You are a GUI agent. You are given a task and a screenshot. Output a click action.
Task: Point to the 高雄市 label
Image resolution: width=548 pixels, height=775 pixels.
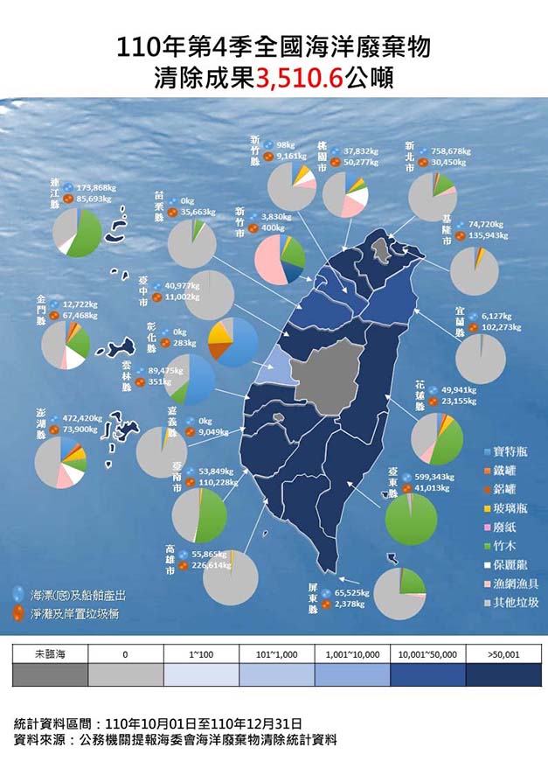pyautogui.click(x=170, y=559)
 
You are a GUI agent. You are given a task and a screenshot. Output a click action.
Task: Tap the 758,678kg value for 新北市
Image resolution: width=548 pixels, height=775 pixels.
pyautogui.click(x=450, y=150)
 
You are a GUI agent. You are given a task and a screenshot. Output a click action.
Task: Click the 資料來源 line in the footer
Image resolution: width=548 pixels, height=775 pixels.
pyautogui.click(x=175, y=740)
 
